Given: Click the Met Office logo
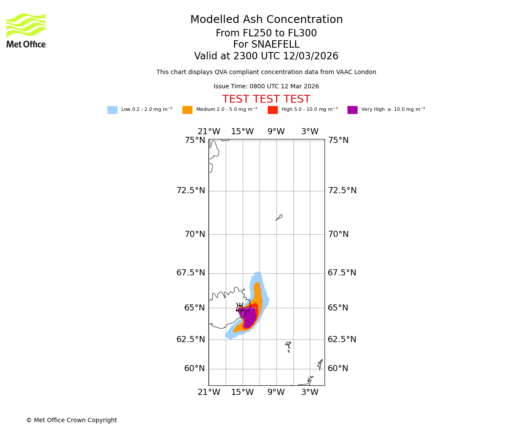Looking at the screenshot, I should coord(26,30).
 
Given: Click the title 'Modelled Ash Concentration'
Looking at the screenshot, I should coord(266,20).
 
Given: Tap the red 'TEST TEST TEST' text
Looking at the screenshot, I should coord(266,100).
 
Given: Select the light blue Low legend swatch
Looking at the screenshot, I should coord(112,110).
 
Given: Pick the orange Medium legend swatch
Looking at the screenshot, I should coord(187,110).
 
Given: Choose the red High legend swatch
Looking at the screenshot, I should coord(273,110).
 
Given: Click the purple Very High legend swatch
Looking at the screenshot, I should coord(352,110).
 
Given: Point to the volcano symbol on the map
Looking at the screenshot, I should coord(240,307).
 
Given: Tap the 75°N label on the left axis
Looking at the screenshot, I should coord(195,140).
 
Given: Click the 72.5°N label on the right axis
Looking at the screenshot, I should coord(342,191).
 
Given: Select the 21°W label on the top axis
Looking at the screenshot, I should coord(209,132).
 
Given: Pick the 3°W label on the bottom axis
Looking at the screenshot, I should coord(310,392).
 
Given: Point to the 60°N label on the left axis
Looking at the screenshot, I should coord(195,368).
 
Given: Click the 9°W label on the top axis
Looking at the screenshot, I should coord(276,132).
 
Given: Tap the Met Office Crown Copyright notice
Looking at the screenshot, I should coord(71,420).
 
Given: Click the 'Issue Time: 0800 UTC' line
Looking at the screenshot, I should coord(266,87).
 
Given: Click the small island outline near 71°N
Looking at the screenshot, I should coord(279,217).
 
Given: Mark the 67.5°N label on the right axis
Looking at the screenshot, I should coord(342,273).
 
